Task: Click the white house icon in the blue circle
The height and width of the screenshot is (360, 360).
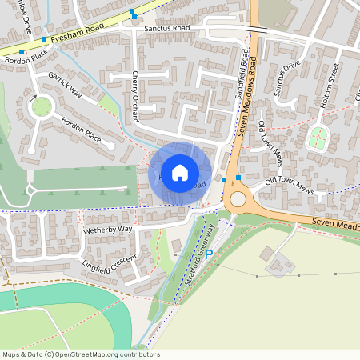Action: click(180, 172)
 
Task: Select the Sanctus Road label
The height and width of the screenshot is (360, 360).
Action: click(167, 28)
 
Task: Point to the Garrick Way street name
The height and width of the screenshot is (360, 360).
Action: click(66, 85)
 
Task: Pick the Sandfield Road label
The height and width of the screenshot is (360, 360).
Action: click(241, 74)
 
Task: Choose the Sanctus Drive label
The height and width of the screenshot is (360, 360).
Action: click(286, 78)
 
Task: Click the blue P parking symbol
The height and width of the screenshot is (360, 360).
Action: click(209, 254)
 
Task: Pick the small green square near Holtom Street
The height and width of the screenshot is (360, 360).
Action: click(319, 137)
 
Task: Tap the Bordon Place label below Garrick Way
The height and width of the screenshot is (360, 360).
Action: click(83, 133)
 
